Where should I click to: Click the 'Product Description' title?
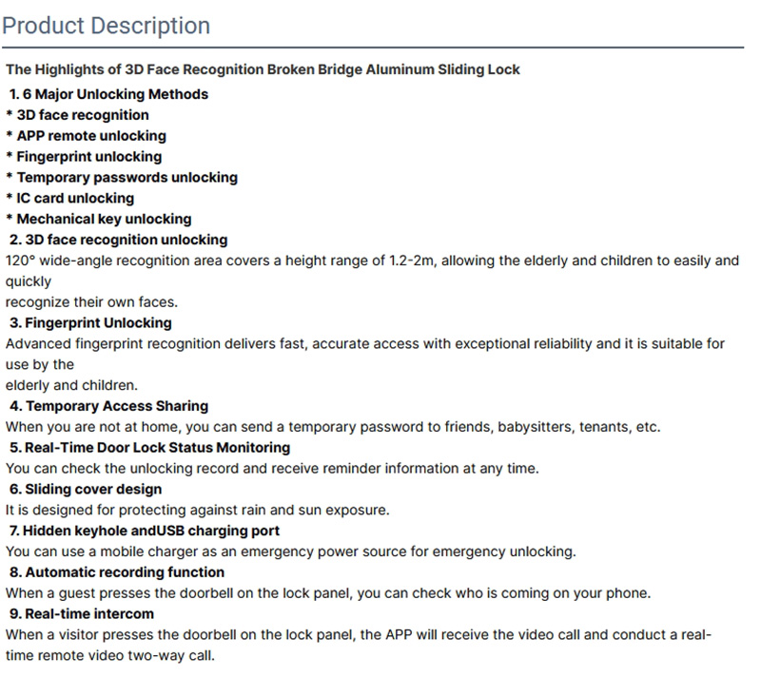pos(106,25)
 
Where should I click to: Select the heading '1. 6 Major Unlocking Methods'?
pos(108,94)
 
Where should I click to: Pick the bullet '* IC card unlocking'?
pos(69,198)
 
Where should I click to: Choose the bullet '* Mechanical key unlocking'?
pos(98,219)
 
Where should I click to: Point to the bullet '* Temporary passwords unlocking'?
pos(121,177)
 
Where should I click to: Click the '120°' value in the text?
pos(21,261)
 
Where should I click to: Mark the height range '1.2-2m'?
pos(412,261)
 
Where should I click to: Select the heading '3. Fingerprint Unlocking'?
pos(90,322)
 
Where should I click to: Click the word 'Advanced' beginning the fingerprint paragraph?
pos(35,343)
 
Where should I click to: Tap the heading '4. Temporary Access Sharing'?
pos(108,406)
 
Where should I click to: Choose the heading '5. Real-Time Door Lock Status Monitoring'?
pos(149,448)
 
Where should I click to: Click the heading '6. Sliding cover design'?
pos(86,489)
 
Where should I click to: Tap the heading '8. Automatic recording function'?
pos(117,572)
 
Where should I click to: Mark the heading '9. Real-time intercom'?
pos(82,613)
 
